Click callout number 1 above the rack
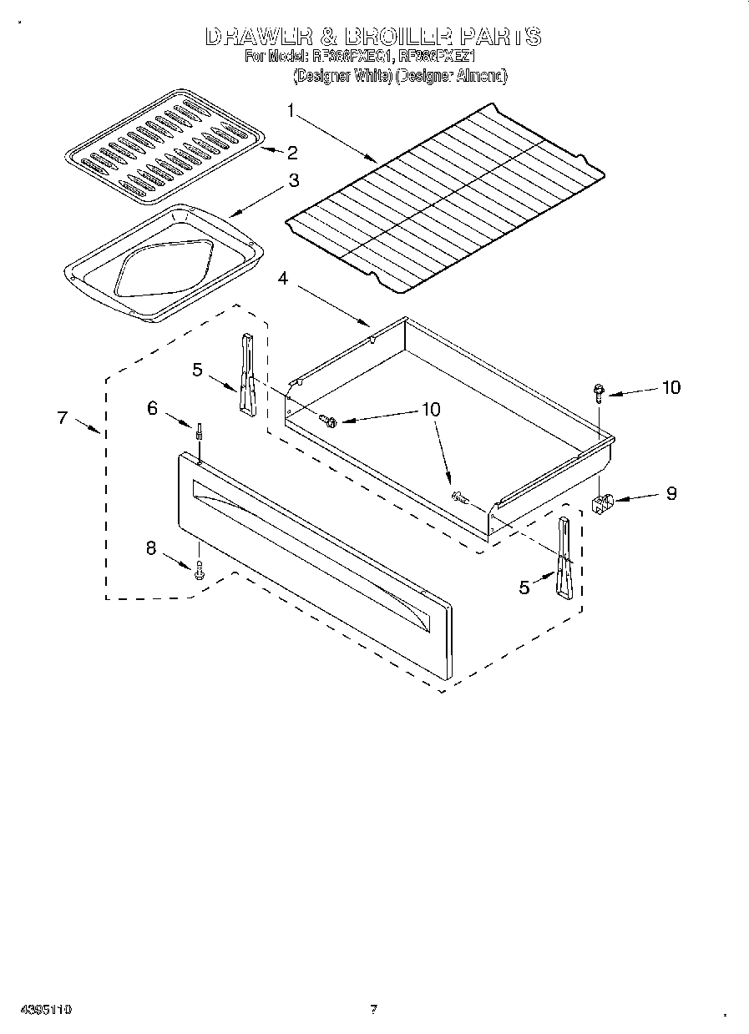[291, 110]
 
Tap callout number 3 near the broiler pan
[294, 179]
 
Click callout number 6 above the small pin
[152, 407]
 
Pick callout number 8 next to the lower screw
[151, 548]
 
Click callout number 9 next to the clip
[671, 493]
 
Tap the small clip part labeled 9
[602, 503]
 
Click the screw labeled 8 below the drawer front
[199, 572]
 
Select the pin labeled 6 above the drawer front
[200, 434]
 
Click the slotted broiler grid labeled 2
[165, 149]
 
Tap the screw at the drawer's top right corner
[599, 391]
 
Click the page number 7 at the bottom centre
[374, 1009]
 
